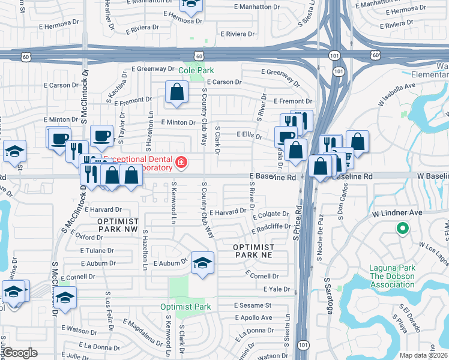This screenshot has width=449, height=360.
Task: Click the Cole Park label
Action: point(196,70)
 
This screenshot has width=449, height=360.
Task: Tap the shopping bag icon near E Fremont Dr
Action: point(176,92)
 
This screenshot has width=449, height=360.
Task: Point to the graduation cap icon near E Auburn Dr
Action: point(202,262)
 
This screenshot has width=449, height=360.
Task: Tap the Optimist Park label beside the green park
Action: point(185,307)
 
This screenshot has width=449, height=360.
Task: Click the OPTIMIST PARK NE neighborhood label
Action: point(254,251)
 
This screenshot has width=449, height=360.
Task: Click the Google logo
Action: point(20,353)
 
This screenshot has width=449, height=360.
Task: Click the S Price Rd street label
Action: point(297,224)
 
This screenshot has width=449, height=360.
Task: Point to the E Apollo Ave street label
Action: point(253,317)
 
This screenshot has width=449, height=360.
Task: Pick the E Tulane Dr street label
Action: point(85,251)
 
